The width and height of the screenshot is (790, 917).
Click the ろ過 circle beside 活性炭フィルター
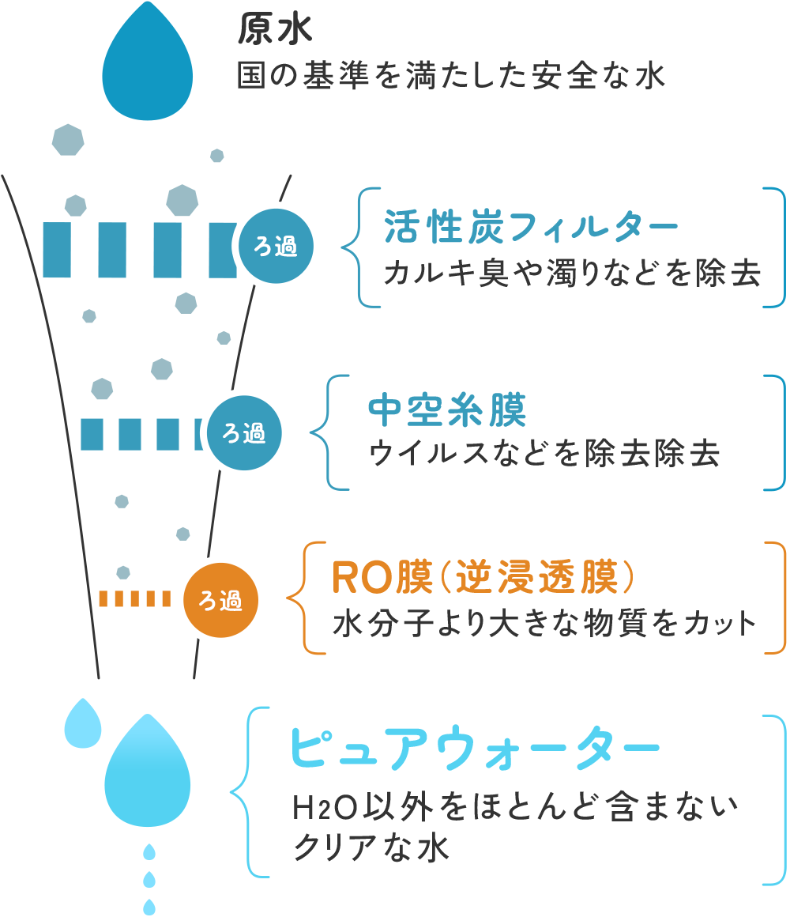click(x=276, y=247)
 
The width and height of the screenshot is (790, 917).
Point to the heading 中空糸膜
click(x=448, y=411)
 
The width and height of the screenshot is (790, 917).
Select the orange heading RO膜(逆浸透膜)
click(x=483, y=579)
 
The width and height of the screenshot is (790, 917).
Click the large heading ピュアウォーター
click(x=474, y=747)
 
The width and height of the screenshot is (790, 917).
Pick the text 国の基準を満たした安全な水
click(x=451, y=77)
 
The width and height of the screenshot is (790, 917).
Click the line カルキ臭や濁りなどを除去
click(x=572, y=274)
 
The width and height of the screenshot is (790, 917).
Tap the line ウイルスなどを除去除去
click(x=544, y=454)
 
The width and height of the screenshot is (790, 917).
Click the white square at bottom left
click(x=49, y=862)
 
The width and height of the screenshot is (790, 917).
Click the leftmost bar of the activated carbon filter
click(x=57, y=250)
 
